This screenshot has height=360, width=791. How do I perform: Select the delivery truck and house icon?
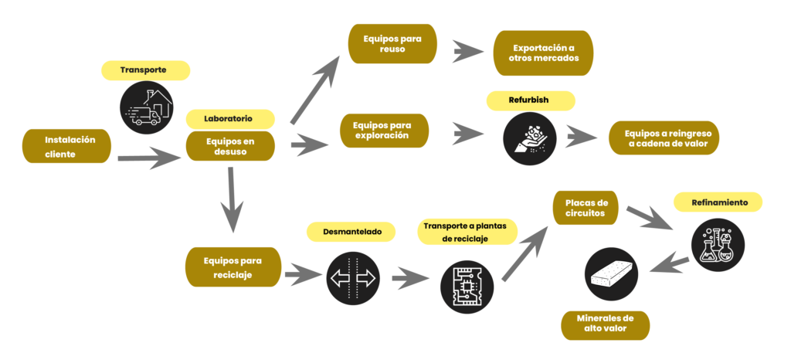pos(146,109)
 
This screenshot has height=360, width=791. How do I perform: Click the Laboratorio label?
pos(230,119)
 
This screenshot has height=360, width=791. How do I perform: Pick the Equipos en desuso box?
pos(230,146)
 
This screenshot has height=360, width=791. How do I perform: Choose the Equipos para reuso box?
pos(392,43)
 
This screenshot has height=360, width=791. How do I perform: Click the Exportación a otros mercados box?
pos(543,52)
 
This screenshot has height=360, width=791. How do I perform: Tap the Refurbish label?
pos(531,100)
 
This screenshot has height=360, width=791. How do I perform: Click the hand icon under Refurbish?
pos(530,138)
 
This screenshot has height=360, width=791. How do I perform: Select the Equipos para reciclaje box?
pos(233,267)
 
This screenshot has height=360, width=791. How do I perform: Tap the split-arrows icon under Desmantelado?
pos(351,278)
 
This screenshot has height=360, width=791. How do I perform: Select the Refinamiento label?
pos(718,202)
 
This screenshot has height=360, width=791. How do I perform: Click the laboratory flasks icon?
pos(717,245)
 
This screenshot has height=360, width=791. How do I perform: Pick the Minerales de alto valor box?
pos(606,324)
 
